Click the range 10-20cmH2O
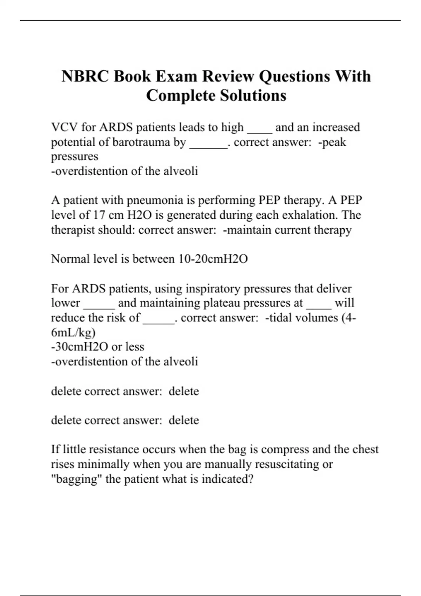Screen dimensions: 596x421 [x=213, y=259]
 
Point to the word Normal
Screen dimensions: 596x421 [x=69, y=259]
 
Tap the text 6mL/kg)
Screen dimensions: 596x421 [x=73, y=332]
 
